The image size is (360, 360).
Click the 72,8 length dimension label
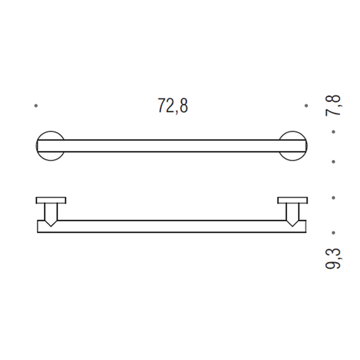tap(173, 106)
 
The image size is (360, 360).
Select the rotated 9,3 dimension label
tap(334, 258)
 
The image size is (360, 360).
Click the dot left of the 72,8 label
tap(36, 105)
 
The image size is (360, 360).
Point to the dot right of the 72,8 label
tap(306, 105)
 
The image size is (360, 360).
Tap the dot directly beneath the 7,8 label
tap(334, 132)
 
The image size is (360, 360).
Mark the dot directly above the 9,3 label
tap(334, 233)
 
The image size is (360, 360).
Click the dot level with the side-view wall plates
tap(334, 197)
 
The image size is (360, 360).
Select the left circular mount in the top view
tap(50, 146)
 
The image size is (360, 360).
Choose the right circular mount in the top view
tap(293, 146)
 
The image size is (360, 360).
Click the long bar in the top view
tap(172, 146)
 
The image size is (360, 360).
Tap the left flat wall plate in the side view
tap(51, 200)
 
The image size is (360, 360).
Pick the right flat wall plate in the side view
tap(293, 200)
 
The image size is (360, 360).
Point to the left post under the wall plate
tap(51, 212)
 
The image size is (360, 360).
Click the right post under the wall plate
tap(293, 212)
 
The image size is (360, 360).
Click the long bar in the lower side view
tap(172, 227)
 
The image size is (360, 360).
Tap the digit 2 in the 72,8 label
tap(168, 106)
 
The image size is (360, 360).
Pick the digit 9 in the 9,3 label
tap(334, 265)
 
